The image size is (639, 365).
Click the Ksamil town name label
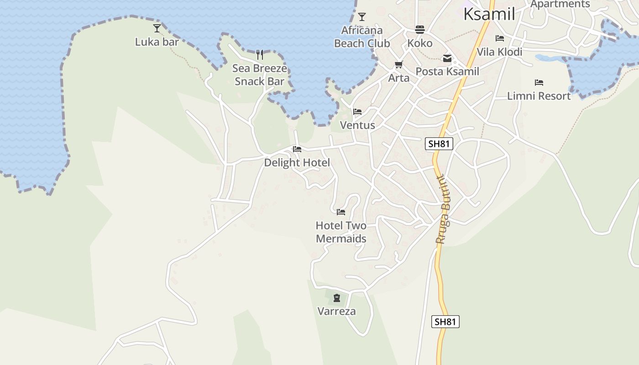[489, 14]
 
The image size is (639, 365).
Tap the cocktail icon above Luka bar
[157, 28]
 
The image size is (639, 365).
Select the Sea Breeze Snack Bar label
[259, 75]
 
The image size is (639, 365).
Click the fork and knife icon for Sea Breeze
[260, 55]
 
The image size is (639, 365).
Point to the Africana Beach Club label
[362, 37]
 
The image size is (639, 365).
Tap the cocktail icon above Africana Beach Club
[362, 17]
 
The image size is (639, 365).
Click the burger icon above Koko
[420, 30]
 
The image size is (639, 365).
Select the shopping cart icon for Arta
[399, 65]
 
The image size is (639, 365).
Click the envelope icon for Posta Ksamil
[447, 58]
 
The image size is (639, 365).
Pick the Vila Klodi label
[499, 52]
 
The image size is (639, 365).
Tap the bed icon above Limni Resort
[539, 83]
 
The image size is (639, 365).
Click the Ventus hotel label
[357, 125]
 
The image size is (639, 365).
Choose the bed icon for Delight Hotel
[297, 149]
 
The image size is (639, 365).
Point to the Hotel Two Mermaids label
[341, 232]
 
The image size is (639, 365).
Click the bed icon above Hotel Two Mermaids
[341, 212]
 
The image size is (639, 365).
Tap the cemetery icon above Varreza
[337, 298]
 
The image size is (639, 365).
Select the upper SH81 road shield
[439, 144]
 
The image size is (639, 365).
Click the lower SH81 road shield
[445, 322]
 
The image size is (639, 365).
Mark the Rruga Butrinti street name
[443, 210]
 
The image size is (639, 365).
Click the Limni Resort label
[539, 96]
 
